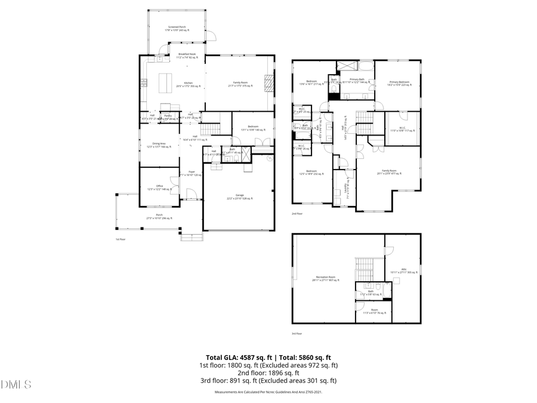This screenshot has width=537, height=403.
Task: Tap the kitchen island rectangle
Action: coord(165,81)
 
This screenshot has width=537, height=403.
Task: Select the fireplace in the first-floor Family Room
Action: coord(269,82)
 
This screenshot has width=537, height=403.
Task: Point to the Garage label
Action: coord(239,196)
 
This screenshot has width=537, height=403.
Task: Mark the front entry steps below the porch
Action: coord(192,237)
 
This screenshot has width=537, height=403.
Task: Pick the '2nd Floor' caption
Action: coord(297,213)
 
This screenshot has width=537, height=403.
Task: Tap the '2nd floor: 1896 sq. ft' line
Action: coord(268,373)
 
